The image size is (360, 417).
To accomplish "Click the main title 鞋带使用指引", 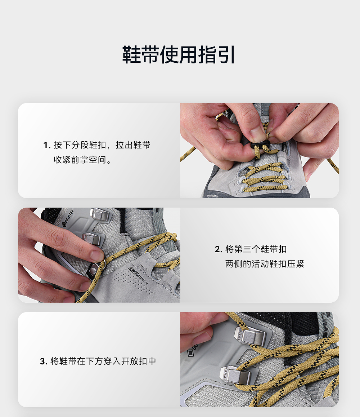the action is [179, 55].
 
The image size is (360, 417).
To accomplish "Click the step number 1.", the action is [46, 145].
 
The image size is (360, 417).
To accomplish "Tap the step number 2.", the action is [218, 249].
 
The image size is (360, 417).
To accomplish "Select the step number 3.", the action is [43, 361].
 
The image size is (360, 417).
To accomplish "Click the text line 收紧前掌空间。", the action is [83, 160].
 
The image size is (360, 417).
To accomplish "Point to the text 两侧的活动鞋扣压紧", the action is [265, 264].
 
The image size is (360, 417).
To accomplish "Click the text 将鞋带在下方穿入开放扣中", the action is [103, 361].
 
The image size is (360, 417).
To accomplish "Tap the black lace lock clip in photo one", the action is [260, 146].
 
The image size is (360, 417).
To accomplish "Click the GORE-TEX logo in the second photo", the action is [67, 218].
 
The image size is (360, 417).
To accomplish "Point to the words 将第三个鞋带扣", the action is [256, 249].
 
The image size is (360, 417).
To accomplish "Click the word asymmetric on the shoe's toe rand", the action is [212, 196].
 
